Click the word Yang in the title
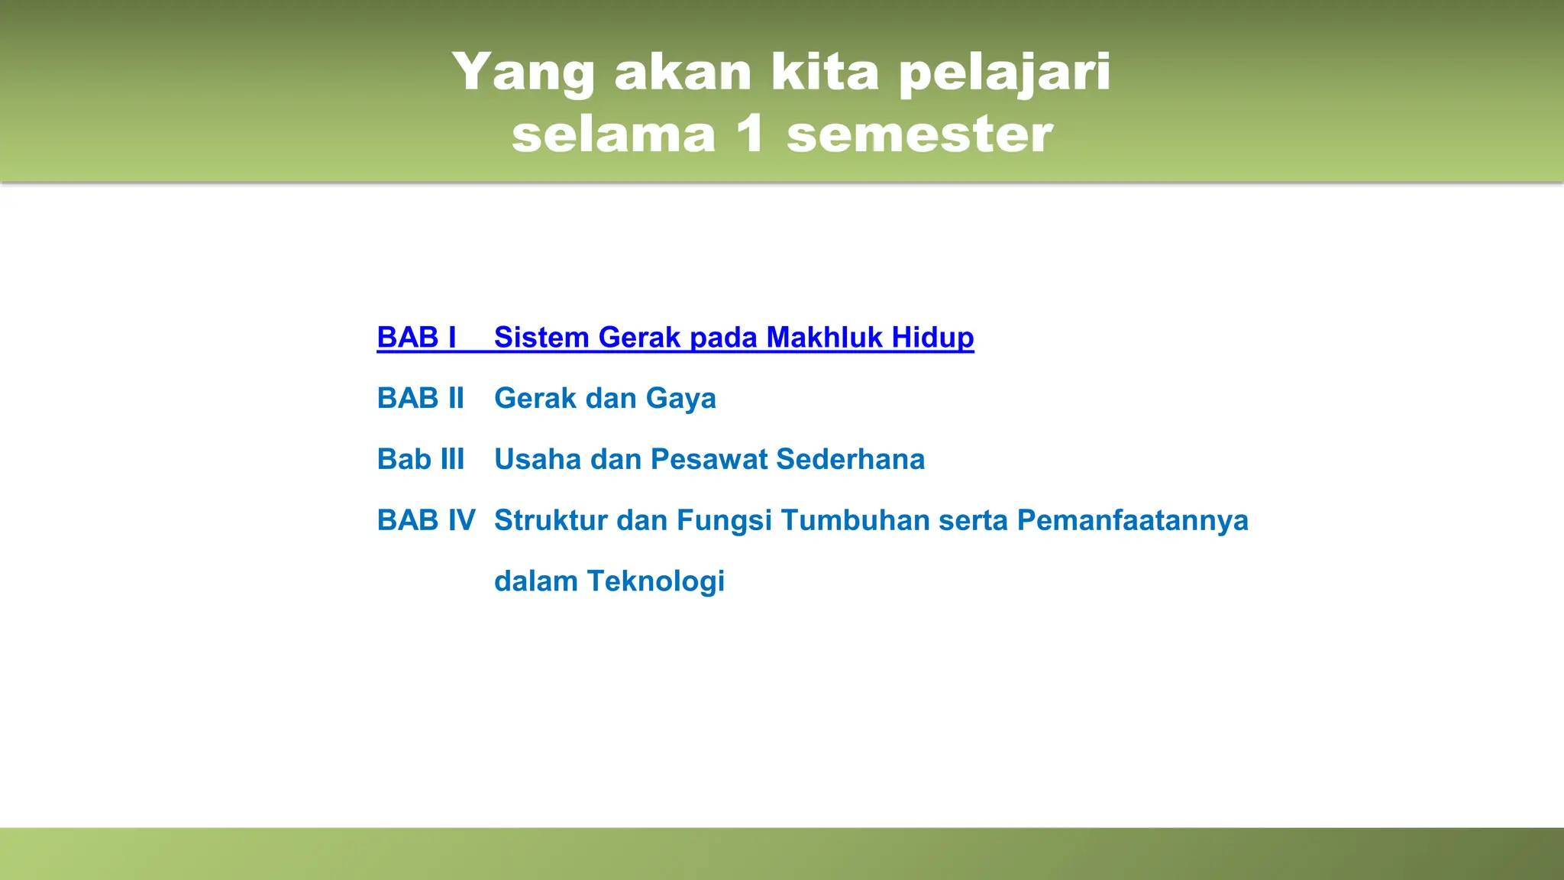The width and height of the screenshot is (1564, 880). [x=523, y=73]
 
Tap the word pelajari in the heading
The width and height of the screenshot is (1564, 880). [x=1004, y=73]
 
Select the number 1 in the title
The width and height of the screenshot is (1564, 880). [x=750, y=134]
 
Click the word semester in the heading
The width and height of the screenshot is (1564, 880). [x=919, y=134]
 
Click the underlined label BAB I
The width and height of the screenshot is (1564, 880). [x=416, y=338]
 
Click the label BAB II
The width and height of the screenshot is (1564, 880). [x=420, y=399]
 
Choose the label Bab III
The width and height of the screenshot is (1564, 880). [x=420, y=460]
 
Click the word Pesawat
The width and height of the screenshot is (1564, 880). [x=709, y=460]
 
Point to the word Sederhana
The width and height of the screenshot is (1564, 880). [x=850, y=460]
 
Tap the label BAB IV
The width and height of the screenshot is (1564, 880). [x=425, y=521]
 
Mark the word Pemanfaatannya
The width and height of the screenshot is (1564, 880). [x=1133, y=521]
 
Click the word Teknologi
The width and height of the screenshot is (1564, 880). [x=655, y=582]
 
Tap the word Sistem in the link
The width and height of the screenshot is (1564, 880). [x=541, y=338]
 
